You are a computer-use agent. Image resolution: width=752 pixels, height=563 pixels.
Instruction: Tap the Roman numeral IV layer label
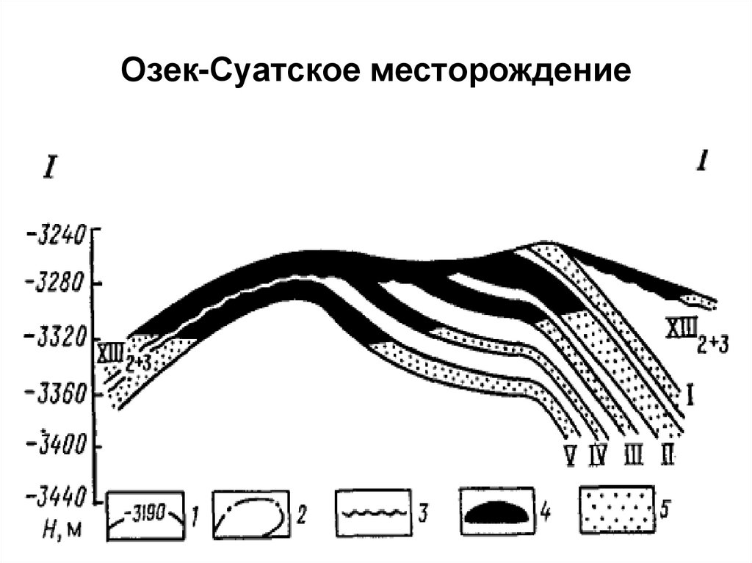coord(598,457)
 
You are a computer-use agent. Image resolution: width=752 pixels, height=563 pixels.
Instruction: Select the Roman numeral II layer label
coord(667,457)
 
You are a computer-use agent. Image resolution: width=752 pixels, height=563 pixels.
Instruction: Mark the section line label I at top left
coord(48,170)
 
